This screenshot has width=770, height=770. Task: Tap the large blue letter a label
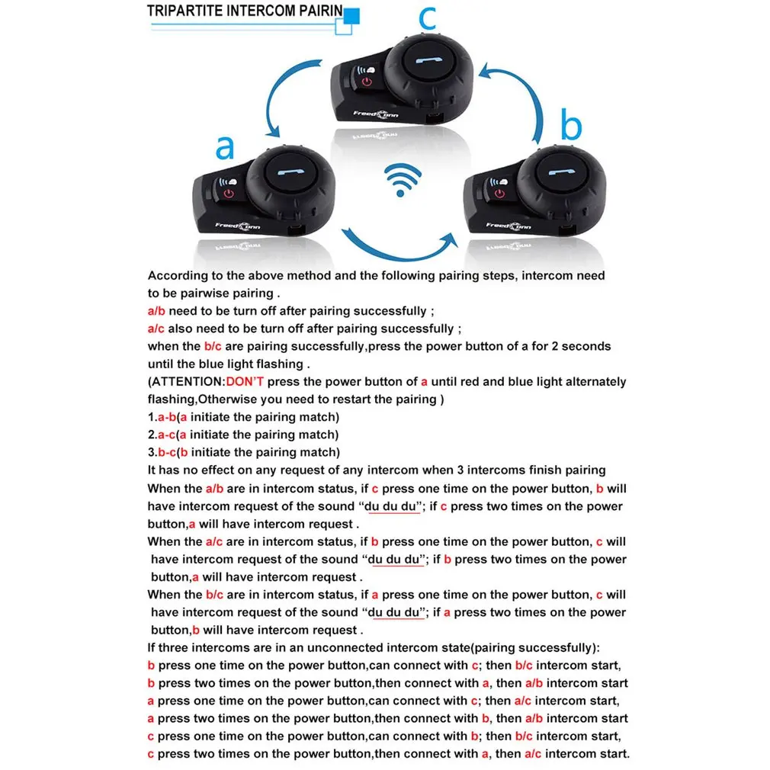click(224, 147)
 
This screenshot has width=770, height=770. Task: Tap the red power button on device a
click(226, 197)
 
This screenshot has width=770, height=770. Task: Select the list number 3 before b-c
click(151, 453)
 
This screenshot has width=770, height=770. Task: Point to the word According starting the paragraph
click(175, 276)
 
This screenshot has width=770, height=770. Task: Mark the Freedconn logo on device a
click(236, 226)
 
